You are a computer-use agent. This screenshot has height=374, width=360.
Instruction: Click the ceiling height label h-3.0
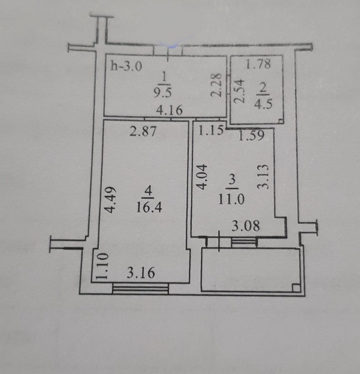(126, 66)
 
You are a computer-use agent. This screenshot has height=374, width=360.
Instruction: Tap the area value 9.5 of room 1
(163, 92)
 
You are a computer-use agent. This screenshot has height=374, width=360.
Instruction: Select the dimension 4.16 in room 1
(169, 110)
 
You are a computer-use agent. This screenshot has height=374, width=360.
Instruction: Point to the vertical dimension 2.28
(216, 85)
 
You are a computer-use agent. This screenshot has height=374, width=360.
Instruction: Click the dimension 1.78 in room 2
(258, 64)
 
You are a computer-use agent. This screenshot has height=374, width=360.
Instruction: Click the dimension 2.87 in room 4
(143, 131)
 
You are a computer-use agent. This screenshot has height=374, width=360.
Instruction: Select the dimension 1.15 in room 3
(211, 130)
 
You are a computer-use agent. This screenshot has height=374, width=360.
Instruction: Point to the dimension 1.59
(252, 135)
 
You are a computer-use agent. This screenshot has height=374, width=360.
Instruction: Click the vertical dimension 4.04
(202, 177)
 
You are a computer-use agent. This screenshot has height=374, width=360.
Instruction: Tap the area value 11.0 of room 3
(231, 199)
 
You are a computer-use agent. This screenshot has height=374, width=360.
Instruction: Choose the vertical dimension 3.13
(264, 177)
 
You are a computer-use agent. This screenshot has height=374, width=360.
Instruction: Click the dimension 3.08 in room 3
(246, 226)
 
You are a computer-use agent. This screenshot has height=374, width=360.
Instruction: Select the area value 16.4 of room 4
(149, 207)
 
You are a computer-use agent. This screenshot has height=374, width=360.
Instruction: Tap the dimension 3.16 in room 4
(141, 273)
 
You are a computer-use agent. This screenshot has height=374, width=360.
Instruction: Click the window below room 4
(140, 288)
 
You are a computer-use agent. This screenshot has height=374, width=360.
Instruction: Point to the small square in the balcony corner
(296, 287)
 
